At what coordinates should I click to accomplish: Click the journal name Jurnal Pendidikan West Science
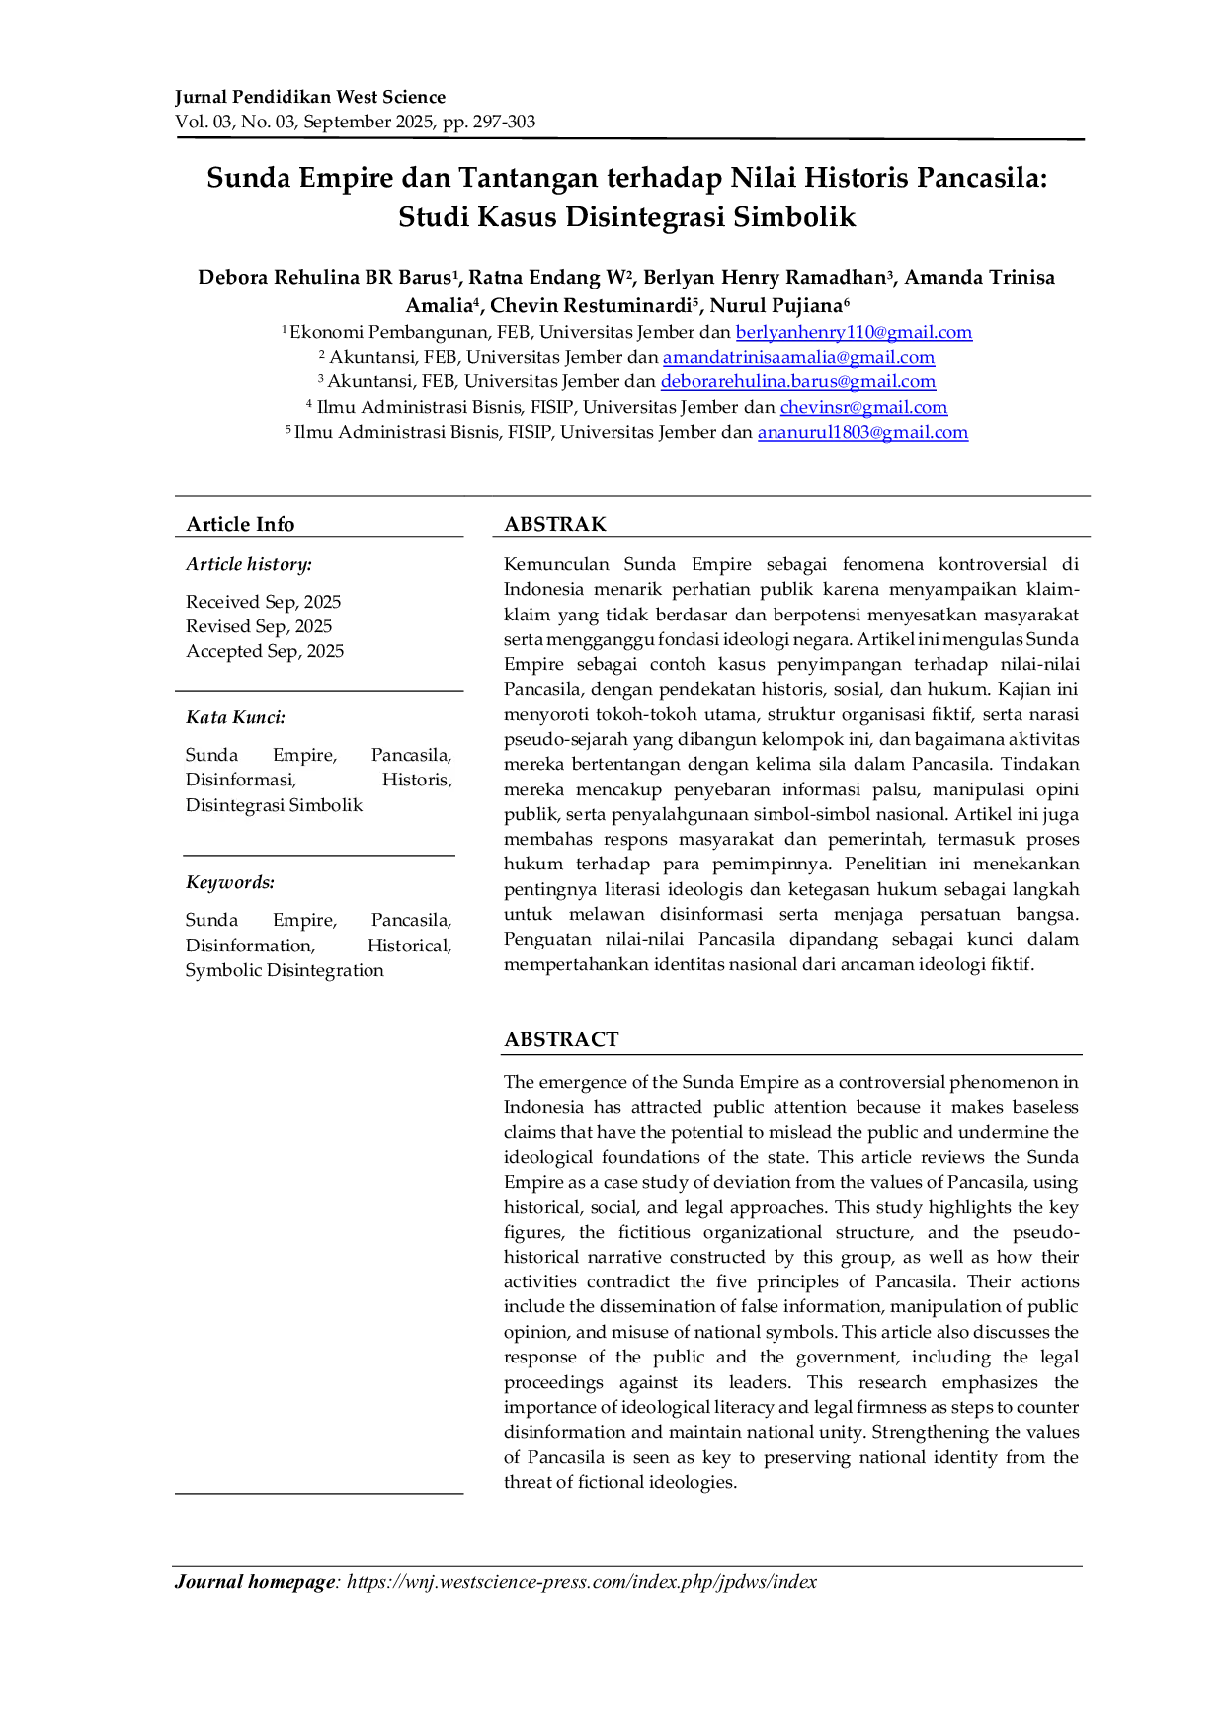310,97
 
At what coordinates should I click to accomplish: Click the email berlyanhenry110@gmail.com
854,333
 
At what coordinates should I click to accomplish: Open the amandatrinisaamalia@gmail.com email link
798,358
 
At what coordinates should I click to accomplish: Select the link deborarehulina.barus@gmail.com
798,382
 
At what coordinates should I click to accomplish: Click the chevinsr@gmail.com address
863,407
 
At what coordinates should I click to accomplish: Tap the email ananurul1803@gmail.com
862,432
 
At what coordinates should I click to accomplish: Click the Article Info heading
240,524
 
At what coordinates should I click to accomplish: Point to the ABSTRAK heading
555,524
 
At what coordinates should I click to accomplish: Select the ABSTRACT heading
561,1039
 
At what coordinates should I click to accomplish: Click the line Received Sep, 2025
263,602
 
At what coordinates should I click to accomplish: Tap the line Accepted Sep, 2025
265,651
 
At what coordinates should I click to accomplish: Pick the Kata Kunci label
235,717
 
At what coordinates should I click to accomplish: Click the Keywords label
230,882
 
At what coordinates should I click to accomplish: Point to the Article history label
249,564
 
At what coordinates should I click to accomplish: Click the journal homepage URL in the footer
582,1582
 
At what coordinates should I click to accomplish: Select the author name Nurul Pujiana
776,305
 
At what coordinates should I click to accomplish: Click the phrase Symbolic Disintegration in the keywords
285,970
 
